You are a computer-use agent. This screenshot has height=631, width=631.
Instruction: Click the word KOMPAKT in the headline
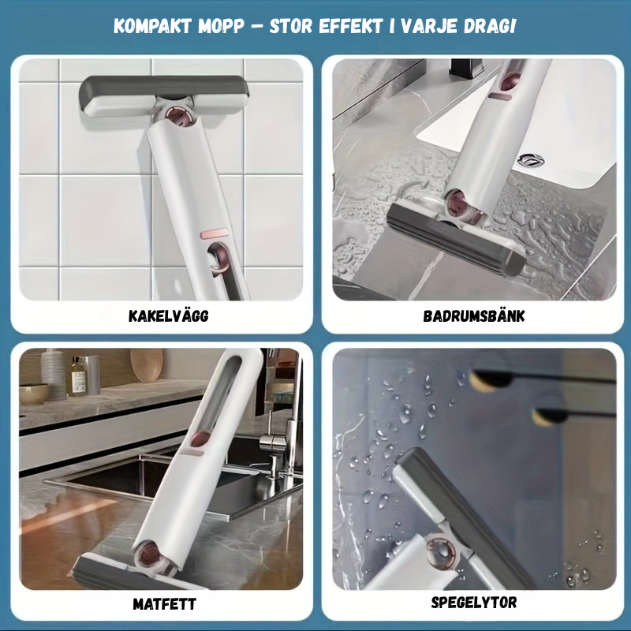(x=152, y=27)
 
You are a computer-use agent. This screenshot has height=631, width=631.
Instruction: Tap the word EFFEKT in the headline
(x=349, y=27)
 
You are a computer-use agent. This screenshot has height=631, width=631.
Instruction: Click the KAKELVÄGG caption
(x=169, y=316)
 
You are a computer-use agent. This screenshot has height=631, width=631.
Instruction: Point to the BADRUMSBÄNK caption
(x=474, y=316)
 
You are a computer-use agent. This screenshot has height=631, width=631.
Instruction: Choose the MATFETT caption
(x=165, y=604)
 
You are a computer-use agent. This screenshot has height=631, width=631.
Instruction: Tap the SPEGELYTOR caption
(x=474, y=603)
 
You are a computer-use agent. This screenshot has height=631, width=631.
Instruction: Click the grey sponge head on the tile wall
(x=164, y=95)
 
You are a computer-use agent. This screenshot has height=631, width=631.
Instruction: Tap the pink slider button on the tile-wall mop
(x=214, y=233)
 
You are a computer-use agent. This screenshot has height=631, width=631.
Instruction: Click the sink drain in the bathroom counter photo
(x=531, y=160)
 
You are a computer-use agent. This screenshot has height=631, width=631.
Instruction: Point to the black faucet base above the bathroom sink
(x=466, y=69)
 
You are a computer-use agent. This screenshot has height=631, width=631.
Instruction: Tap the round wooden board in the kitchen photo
(x=147, y=364)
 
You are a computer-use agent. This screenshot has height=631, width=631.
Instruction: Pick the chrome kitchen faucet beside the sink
(x=274, y=439)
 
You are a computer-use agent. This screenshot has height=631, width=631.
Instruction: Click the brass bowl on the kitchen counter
(x=34, y=394)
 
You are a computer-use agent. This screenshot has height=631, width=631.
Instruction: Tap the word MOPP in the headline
(x=221, y=27)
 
